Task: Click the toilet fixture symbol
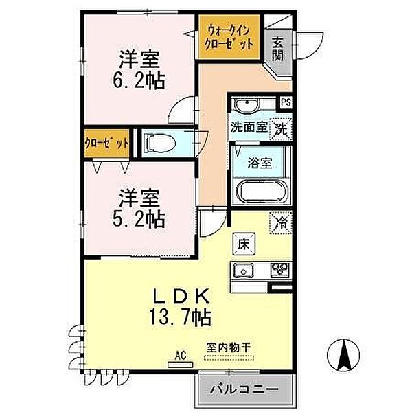(158, 142)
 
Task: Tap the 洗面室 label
(247, 127)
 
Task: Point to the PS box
(285, 103)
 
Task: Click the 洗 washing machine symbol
(280, 128)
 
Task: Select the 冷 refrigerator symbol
(281, 222)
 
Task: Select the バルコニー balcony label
(250, 389)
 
